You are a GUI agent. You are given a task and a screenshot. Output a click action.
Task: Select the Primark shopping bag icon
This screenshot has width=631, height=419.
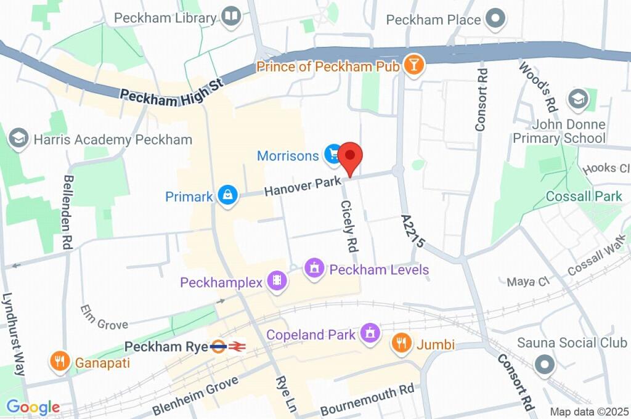[228, 197]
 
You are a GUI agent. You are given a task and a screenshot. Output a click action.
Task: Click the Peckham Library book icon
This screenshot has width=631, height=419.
[232, 17]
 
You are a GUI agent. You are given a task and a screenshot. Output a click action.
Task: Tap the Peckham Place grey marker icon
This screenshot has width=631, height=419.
[495, 19]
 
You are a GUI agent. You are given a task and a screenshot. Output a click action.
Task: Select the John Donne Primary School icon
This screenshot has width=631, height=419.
[578, 99]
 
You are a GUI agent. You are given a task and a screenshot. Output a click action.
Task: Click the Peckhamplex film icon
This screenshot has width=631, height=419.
[279, 282]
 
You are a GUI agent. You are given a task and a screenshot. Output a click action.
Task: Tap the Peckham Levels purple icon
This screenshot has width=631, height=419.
[315, 269]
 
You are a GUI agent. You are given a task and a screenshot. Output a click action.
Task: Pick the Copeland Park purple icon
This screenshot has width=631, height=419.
[370, 334]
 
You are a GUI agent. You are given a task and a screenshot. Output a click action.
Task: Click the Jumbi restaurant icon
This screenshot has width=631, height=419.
[402, 344]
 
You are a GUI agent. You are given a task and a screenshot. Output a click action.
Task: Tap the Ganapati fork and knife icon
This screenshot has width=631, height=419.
[60, 362]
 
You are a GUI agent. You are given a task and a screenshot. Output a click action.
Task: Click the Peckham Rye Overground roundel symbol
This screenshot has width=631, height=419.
[218, 347]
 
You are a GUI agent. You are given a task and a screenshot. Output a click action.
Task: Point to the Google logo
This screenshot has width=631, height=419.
[33, 407]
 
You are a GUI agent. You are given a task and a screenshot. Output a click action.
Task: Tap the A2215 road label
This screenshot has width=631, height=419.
[413, 231]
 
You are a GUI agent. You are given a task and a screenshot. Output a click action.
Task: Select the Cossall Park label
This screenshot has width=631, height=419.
[584, 197]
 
